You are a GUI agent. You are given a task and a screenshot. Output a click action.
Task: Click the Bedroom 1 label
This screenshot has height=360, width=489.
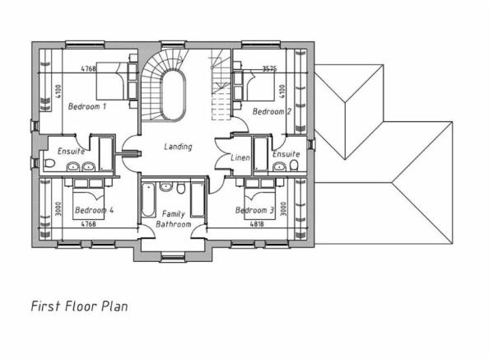[x=87, y=106]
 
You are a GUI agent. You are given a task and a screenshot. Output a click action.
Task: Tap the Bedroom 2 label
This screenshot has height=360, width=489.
[x=272, y=111]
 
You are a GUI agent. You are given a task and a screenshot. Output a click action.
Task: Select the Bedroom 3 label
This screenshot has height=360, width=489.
[x=254, y=210]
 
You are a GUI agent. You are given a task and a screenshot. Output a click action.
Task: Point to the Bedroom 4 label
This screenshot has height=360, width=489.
[x=94, y=210]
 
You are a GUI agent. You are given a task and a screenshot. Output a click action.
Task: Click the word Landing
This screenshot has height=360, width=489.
[x=178, y=147]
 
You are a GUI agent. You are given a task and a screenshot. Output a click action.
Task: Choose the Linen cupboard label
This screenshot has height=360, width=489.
[x=240, y=157]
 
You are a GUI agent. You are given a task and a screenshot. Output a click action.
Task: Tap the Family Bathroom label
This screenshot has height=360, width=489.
[x=174, y=219]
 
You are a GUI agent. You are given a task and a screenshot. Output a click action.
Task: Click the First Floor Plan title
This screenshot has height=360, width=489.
[x=80, y=306]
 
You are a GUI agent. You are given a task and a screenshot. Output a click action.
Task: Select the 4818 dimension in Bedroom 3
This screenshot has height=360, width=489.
[x=257, y=224]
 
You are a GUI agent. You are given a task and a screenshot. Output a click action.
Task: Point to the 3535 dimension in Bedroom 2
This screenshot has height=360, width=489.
[x=269, y=68]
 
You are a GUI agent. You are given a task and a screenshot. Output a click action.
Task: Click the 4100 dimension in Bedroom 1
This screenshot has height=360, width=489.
[x=58, y=91]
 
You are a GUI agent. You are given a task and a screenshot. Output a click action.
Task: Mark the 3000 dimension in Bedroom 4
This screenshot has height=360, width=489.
[x=58, y=208]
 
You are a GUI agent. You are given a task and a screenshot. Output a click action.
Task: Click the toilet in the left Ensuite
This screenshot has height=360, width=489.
[x=49, y=163]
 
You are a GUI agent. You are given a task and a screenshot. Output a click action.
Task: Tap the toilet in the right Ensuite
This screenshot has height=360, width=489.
[x=293, y=165]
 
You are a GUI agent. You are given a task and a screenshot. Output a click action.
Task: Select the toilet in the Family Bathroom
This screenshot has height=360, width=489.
[x=181, y=189]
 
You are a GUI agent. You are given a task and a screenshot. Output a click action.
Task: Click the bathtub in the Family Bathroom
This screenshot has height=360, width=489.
[x=148, y=200]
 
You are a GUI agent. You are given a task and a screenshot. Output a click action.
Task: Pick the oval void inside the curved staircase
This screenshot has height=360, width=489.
[x=174, y=96]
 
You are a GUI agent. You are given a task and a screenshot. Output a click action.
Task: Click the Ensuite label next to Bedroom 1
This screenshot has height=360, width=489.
[x=71, y=152]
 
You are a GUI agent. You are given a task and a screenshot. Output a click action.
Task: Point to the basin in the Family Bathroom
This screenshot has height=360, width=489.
[x=165, y=187]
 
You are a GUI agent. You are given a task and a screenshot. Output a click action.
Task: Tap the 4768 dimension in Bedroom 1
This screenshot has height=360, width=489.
[x=89, y=68]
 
